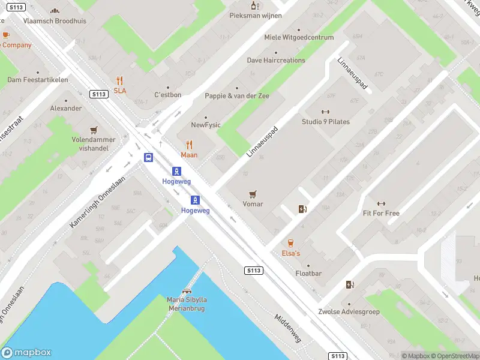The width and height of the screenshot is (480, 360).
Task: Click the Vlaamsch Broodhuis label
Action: pyautogui.click(x=55, y=20)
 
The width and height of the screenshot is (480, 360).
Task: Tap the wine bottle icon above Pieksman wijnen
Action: pyautogui.click(x=255, y=5)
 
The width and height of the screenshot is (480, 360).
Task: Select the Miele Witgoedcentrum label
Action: pyautogui.click(x=299, y=37)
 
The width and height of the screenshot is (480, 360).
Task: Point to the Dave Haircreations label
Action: pyautogui.click(x=276, y=61)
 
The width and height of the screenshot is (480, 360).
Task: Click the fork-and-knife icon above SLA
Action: pyautogui.click(x=119, y=80)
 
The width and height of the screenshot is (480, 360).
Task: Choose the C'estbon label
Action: pyautogui.click(x=167, y=95)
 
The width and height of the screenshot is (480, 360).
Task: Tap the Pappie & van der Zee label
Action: pyautogui.click(x=237, y=96)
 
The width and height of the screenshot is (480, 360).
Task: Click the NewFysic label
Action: pyautogui.click(x=206, y=125)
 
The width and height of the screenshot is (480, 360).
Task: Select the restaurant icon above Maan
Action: pyautogui.click(x=190, y=144)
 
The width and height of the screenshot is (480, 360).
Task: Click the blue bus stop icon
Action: pyautogui.click(x=148, y=157)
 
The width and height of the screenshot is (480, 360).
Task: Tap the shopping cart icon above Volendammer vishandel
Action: pyautogui.click(x=93, y=130)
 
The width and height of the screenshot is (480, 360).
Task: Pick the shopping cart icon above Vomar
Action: pyautogui.click(x=253, y=194)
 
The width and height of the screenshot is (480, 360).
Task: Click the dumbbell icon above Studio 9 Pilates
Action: pyautogui.click(x=326, y=112)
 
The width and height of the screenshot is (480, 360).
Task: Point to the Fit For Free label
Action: pyautogui.click(x=381, y=213)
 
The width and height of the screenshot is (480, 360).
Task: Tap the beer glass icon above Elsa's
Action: pyautogui.click(x=291, y=243)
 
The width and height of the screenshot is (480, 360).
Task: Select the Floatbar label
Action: pyautogui.click(x=308, y=274)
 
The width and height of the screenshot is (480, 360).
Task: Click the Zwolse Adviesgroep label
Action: pyautogui.click(x=349, y=312)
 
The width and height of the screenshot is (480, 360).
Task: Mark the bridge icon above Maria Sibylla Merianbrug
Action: pyautogui.click(x=187, y=290)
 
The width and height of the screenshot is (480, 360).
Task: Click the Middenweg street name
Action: pyautogui.click(x=289, y=328)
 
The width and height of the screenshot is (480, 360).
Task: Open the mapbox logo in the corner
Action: pyautogui.click(x=26, y=353)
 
